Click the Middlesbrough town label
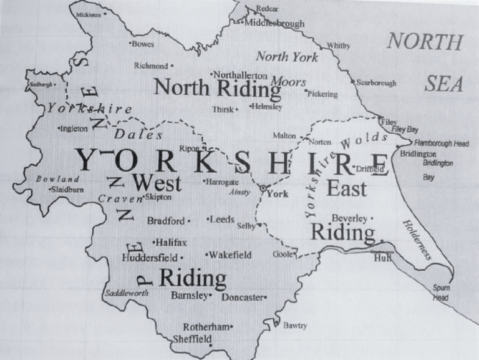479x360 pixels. click(x=275, y=24)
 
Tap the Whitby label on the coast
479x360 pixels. click(x=339, y=46)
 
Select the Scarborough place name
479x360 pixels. click(x=377, y=82)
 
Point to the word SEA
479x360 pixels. click(x=445, y=83)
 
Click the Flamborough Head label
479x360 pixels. click(x=444, y=144)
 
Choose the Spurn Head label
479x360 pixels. click(x=441, y=293)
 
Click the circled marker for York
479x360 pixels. click(x=264, y=187)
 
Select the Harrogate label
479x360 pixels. click(x=223, y=182)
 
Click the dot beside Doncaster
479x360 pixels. click(x=266, y=297)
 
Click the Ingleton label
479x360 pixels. click(x=75, y=129)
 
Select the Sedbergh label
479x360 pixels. click(x=42, y=84)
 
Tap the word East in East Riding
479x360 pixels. click(x=346, y=188)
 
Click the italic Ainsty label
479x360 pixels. click(x=239, y=193)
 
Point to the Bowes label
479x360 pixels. click(x=143, y=44)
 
